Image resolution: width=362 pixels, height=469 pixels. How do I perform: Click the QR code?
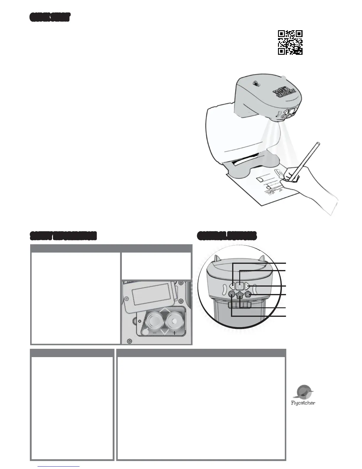290,43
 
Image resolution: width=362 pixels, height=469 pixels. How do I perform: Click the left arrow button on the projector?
232,286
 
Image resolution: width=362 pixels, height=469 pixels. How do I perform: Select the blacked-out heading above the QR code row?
50,17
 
